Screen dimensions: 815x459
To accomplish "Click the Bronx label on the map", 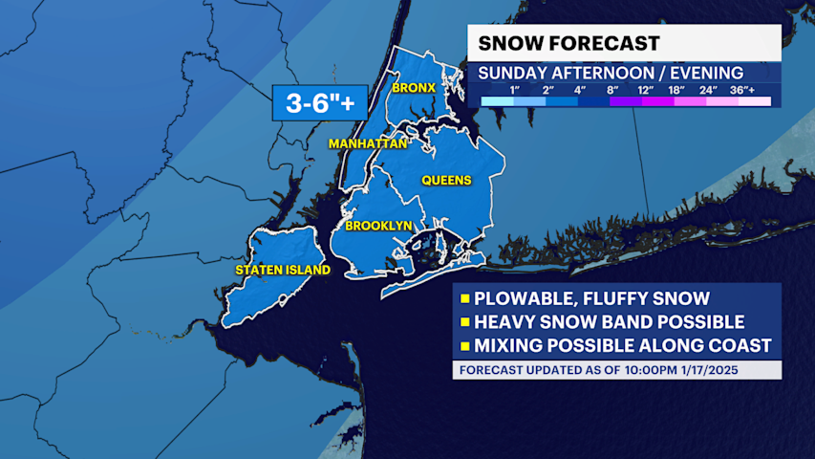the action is click(414, 87).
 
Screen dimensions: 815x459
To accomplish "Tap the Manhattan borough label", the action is click(368, 143).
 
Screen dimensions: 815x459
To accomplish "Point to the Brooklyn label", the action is click(378, 226).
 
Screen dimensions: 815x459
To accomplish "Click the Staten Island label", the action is click(283, 270).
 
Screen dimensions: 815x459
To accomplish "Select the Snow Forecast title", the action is click(568, 43).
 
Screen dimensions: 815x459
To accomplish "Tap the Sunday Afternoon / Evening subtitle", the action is click(611, 73).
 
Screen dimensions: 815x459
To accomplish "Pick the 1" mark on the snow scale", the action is click(514, 90).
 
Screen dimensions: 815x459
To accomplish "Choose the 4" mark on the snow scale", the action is click(579, 90).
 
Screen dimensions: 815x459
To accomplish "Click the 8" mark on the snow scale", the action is click(611, 90).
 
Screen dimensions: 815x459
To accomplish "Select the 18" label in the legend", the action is click(676, 90).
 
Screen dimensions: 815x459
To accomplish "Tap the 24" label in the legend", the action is click(708, 90).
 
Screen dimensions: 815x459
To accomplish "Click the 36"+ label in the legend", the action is click(741, 90).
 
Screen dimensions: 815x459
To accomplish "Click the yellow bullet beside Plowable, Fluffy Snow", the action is click(466, 298).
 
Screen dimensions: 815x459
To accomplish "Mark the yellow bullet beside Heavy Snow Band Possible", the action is click(466, 322).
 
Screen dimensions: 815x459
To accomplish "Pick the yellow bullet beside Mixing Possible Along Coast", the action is click(466, 346).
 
